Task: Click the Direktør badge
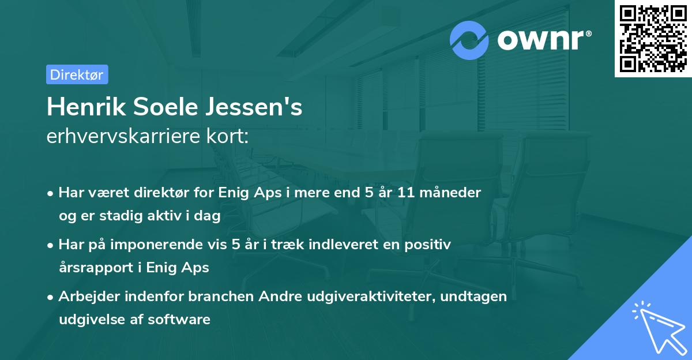point(77,74)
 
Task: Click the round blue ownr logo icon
point(469,40)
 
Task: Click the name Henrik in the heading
point(84,107)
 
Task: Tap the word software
point(184,319)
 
